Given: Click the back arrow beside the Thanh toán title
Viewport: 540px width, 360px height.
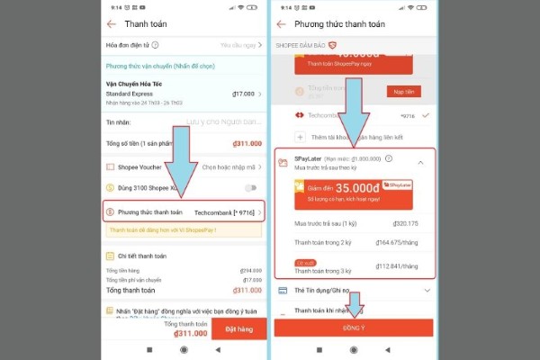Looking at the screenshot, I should pyautogui.click(x=112, y=24).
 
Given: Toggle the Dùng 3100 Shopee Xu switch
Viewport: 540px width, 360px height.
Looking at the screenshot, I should pyautogui.click(x=251, y=188).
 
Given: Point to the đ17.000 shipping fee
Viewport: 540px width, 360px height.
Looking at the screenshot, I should pyautogui.click(x=244, y=93).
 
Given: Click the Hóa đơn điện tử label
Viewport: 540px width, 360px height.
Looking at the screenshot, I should pyautogui.click(x=128, y=44).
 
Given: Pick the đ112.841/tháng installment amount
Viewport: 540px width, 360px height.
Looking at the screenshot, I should pyautogui.click(x=406, y=265).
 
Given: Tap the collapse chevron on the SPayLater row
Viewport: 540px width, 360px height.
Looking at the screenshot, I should pyautogui.click(x=421, y=162).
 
